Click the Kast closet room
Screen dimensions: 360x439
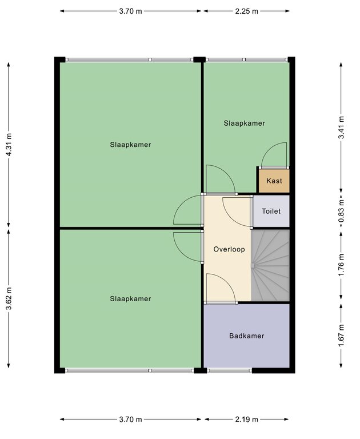click(274, 181)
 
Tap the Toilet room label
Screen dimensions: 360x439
click(271, 211)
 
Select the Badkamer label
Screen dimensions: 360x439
click(247, 336)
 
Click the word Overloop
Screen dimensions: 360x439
click(229, 249)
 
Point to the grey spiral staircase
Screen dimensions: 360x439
click(270, 265)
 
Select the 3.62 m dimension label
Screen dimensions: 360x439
click(9, 298)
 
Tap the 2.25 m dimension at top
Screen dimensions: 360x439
click(246, 11)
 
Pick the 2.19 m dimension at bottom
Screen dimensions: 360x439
click(246, 420)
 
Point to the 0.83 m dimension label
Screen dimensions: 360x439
click(341, 210)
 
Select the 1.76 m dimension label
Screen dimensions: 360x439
click(341, 265)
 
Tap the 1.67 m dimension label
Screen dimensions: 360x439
click(341, 336)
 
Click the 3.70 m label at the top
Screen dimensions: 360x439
click(130, 11)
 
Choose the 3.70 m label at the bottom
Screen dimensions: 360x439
click(130, 420)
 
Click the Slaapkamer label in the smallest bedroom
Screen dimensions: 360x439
click(245, 123)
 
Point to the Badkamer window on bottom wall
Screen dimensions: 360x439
click(230, 370)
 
